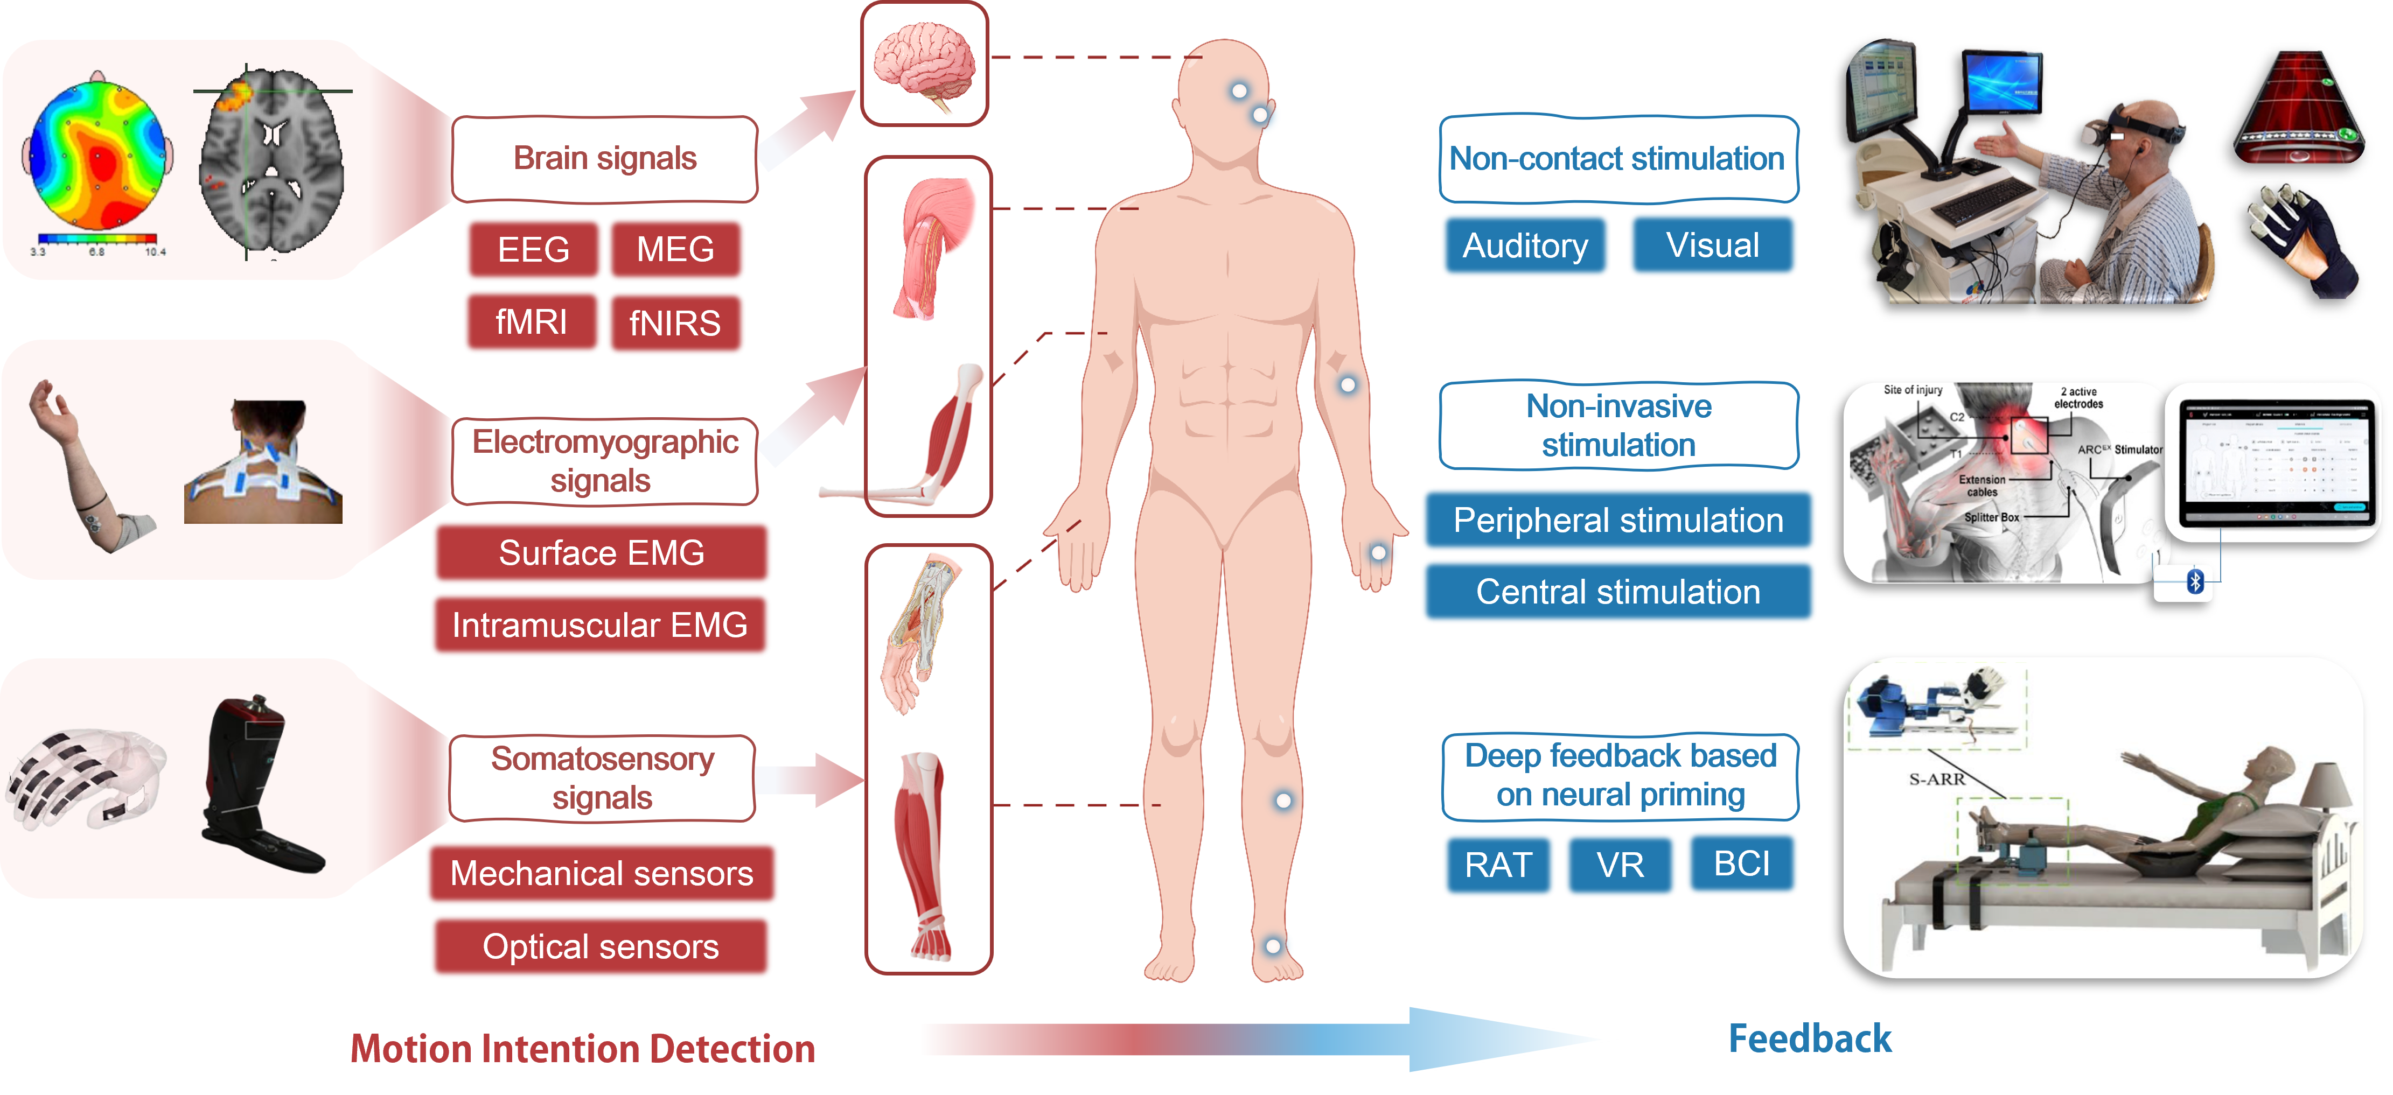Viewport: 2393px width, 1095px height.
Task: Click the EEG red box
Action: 533,249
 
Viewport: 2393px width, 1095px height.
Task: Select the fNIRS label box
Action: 675,323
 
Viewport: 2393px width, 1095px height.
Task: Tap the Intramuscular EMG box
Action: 600,625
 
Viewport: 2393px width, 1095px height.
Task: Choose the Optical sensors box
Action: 600,946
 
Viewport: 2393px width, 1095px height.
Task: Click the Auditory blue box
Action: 1525,245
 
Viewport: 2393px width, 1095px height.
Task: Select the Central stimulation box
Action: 1618,592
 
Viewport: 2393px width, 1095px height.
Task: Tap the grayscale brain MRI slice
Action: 271,163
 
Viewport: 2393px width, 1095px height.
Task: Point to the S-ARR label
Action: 1937,779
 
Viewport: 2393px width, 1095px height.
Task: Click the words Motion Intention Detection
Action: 582,1049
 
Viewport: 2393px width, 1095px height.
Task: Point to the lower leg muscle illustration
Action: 925,854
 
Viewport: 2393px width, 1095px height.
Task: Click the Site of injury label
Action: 1913,390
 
